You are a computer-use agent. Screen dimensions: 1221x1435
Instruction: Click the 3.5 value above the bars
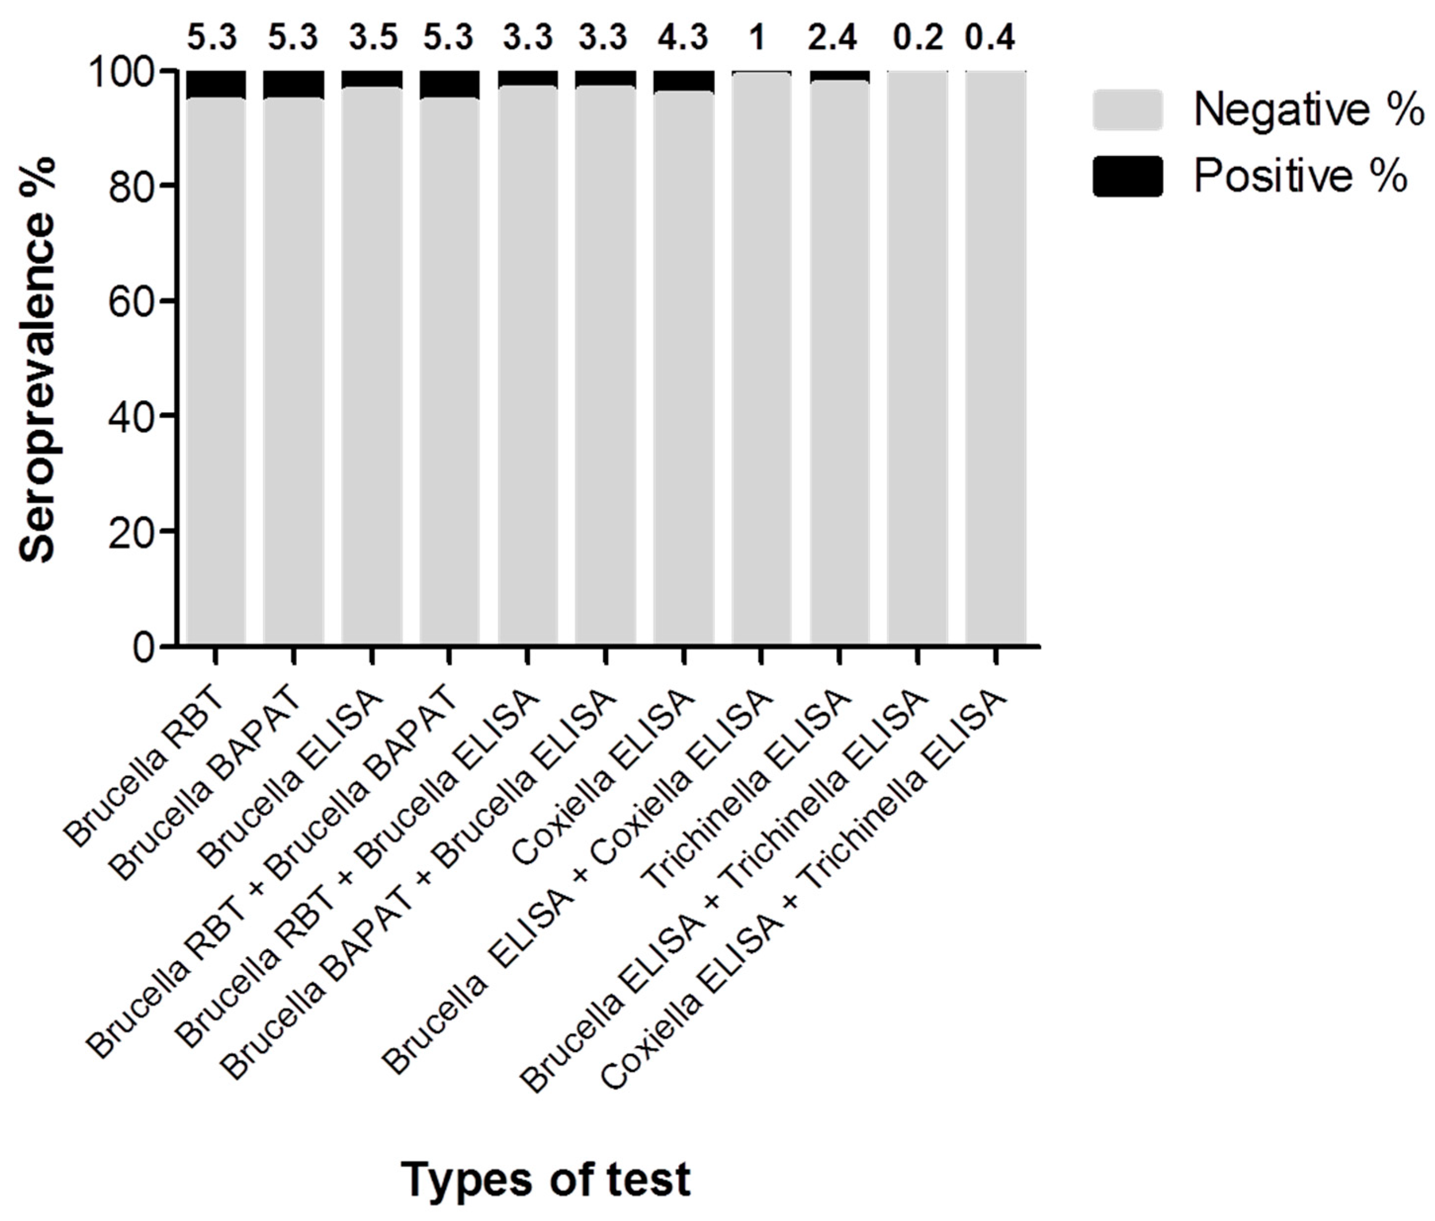(373, 37)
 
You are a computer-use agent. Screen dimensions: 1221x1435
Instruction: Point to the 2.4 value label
(833, 37)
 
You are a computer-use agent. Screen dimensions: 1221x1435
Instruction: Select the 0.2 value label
(917, 37)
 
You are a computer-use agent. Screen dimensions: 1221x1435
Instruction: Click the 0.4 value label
(991, 37)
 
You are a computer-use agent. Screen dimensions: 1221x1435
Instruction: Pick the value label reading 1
(758, 37)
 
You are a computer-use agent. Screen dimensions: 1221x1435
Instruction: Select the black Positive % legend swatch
(1127, 176)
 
